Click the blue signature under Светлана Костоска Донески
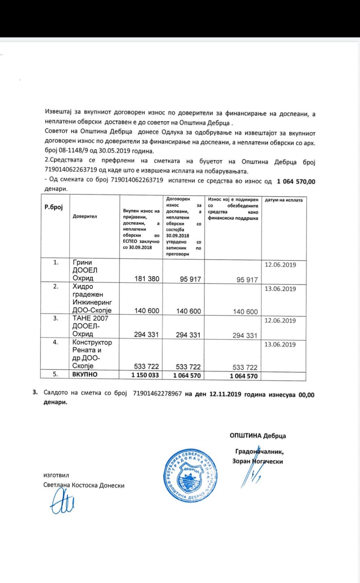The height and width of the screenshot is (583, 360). click(x=62, y=502)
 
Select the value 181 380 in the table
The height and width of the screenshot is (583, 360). click(x=147, y=279)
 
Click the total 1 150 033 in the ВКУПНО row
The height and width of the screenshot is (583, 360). click(x=145, y=375)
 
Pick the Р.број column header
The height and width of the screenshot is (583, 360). click(x=54, y=207)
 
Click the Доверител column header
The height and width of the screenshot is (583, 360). click(x=85, y=216)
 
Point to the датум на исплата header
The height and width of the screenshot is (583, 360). click(x=284, y=200)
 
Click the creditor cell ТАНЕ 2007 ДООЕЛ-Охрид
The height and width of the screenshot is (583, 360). click(x=90, y=326)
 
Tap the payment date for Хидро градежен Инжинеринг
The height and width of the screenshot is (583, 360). click(x=280, y=289)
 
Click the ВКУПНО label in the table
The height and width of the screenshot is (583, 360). click(x=85, y=374)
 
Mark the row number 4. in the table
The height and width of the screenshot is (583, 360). click(x=56, y=342)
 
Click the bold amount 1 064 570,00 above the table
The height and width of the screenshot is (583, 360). click(x=296, y=182)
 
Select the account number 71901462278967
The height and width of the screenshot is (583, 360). click(x=157, y=393)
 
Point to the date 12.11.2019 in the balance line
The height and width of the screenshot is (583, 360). click(x=225, y=394)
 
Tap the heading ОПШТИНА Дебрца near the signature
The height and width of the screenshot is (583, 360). click(x=257, y=435)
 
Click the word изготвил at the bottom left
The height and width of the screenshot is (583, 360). click(x=56, y=475)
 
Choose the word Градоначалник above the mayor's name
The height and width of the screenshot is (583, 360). click(x=259, y=452)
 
